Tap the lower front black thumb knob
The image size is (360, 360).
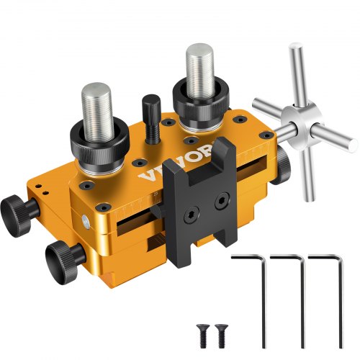[60, 254]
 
